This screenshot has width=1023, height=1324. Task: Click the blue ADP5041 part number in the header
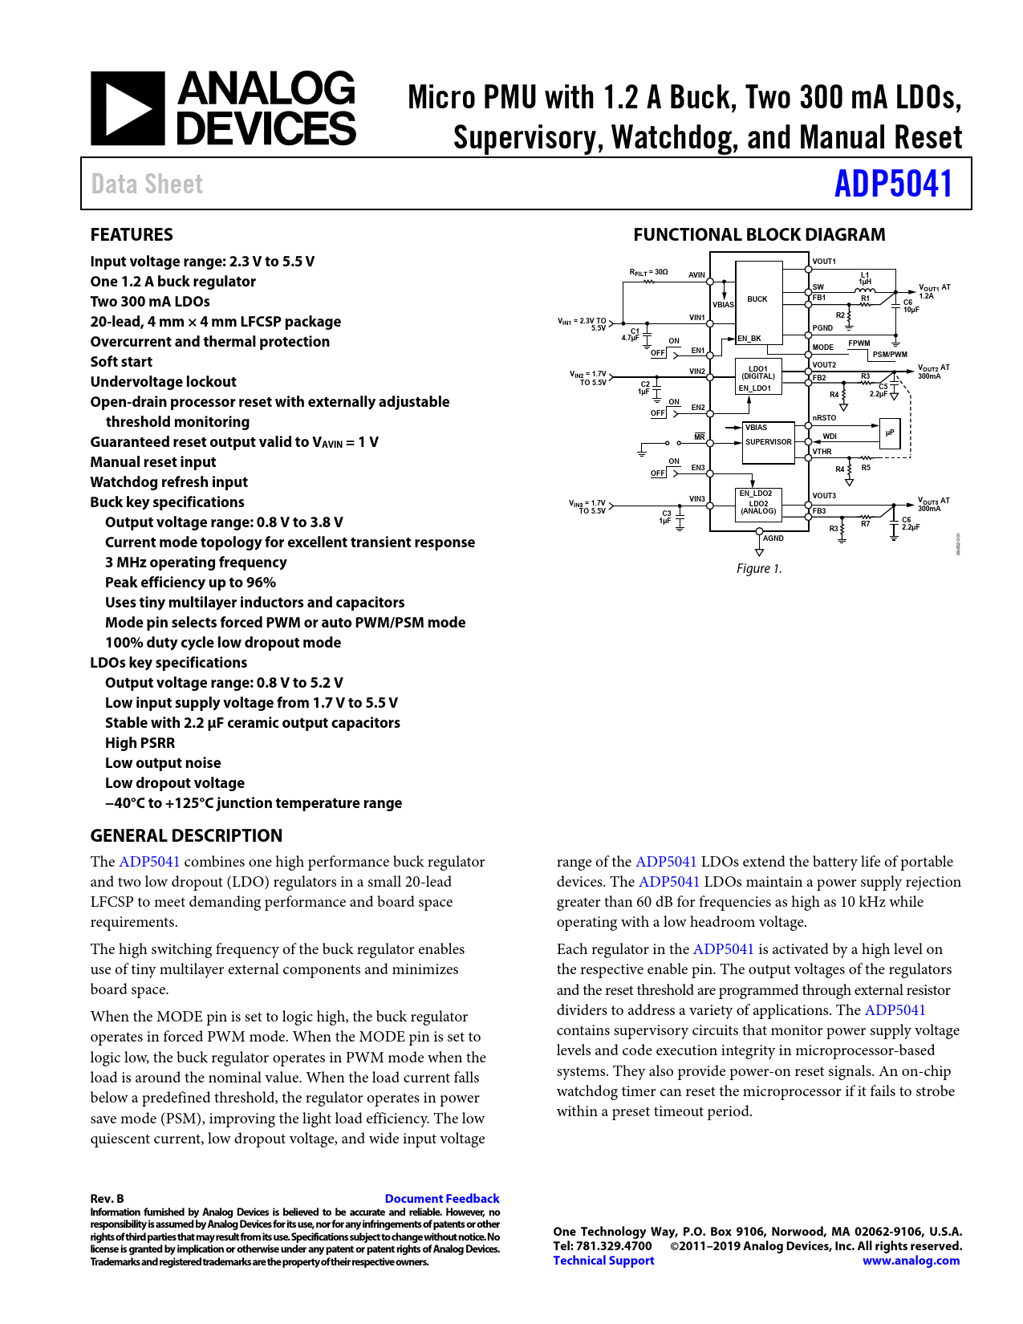(893, 184)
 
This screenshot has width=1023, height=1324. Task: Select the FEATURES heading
(132, 234)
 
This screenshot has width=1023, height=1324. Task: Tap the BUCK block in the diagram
(757, 299)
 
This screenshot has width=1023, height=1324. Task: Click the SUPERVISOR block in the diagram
(768, 442)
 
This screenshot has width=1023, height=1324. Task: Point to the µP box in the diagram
(890, 433)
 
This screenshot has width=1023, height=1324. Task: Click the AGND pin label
(773, 538)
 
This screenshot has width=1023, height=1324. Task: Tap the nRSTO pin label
(824, 418)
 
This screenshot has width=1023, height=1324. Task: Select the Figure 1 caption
(759, 568)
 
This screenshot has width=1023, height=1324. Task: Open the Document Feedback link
(441, 1198)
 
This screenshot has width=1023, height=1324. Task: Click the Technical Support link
(603, 1261)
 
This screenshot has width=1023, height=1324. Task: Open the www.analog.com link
(911, 1261)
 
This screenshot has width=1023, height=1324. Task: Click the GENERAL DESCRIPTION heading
(186, 835)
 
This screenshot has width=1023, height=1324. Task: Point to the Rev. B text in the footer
(107, 1198)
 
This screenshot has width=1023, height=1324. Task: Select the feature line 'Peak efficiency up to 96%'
(190, 582)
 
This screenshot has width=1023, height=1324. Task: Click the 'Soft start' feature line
(121, 361)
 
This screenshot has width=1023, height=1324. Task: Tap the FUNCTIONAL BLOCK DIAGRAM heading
(759, 234)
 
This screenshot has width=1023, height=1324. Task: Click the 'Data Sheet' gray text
(147, 184)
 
